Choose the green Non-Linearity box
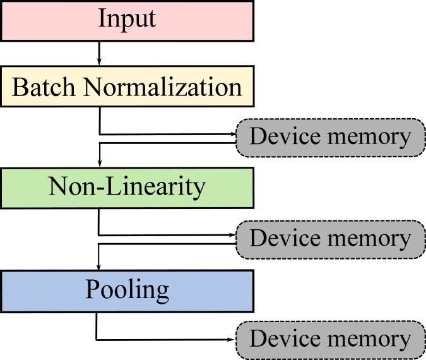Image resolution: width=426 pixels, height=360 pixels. [126, 187]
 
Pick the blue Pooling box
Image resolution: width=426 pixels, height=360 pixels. [126, 289]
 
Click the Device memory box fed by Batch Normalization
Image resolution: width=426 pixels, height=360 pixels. [330, 137]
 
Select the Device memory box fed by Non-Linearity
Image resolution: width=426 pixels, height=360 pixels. [330, 239]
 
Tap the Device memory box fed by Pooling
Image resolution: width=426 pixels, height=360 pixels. [330, 339]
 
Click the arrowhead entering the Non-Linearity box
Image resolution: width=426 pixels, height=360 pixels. [100, 164]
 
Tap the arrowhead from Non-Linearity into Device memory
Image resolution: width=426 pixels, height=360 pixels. [232, 235]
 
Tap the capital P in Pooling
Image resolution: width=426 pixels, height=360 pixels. [92, 289]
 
